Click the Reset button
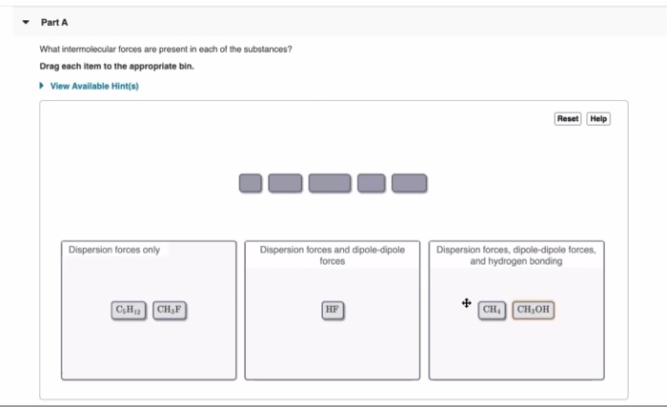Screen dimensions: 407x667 coord(567,118)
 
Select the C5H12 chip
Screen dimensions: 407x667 coord(129,310)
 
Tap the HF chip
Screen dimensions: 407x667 coord(331,310)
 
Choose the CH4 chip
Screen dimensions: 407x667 coord(493,310)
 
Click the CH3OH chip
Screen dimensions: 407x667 coord(534,310)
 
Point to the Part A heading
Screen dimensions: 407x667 coord(54,22)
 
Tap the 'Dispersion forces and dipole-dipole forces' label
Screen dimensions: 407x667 coord(332,255)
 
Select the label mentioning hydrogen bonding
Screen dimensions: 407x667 coord(517,255)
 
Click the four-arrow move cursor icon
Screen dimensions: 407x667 coord(466,304)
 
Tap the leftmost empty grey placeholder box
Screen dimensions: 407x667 coord(250,182)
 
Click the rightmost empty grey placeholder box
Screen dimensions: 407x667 coord(410,182)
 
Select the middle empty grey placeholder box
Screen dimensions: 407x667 coord(330,182)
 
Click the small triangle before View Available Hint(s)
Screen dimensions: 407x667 coord(42,86)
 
